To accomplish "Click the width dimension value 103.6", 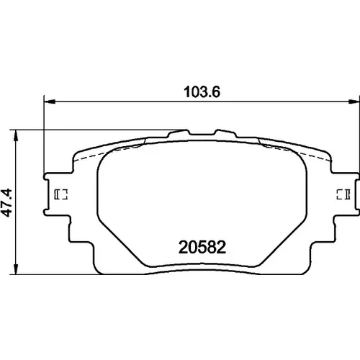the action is (x=202, y=92).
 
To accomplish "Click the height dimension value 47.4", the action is (x=6, y=202).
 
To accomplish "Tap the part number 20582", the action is (x=202, y=248).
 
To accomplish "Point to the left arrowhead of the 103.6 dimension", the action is (x=50, y=102).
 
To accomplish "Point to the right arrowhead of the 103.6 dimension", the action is (x=354, y=102).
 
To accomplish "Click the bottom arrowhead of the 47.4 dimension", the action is (x=16, y=269).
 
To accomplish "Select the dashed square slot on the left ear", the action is (x=61, y=194).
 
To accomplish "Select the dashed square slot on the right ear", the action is (x=343, y=194).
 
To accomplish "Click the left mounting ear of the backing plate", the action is (x=58, y=194).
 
